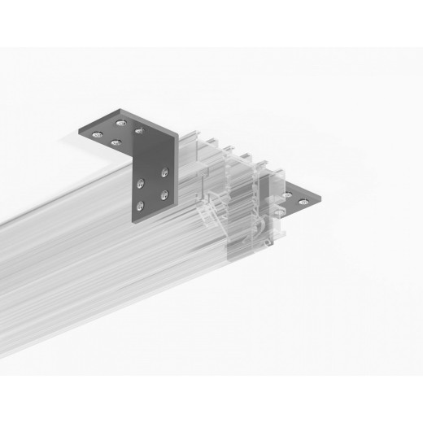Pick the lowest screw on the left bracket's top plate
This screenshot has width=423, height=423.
pyautogui.click(x=116, y=142)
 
